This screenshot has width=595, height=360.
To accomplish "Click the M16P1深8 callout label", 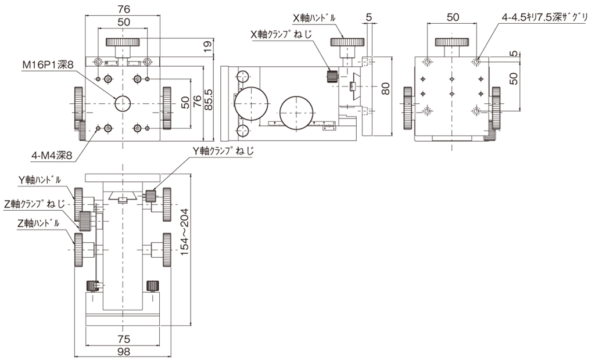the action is click(48, 65).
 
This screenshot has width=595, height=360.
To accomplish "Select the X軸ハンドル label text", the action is click(314, 17).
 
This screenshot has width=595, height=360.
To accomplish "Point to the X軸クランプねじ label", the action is click(282, 34).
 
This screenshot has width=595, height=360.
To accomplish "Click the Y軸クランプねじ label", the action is click(223, 150).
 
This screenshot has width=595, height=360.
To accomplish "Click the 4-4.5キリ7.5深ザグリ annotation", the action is click(544, 17).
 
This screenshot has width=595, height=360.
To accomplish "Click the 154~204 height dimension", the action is click(185, 232).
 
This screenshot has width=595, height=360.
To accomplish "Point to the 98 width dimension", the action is click(124, 351).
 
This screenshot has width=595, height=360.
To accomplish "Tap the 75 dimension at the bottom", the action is click(124, 339).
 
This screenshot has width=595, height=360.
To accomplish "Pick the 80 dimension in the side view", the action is click(386, 89).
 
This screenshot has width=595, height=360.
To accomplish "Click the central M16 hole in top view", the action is click(123, 103).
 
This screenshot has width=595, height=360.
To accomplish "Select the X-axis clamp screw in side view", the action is click(332, 76).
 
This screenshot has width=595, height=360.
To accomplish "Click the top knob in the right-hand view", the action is click(452, 42).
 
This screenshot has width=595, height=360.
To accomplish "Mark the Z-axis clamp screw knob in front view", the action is click(85, 221).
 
